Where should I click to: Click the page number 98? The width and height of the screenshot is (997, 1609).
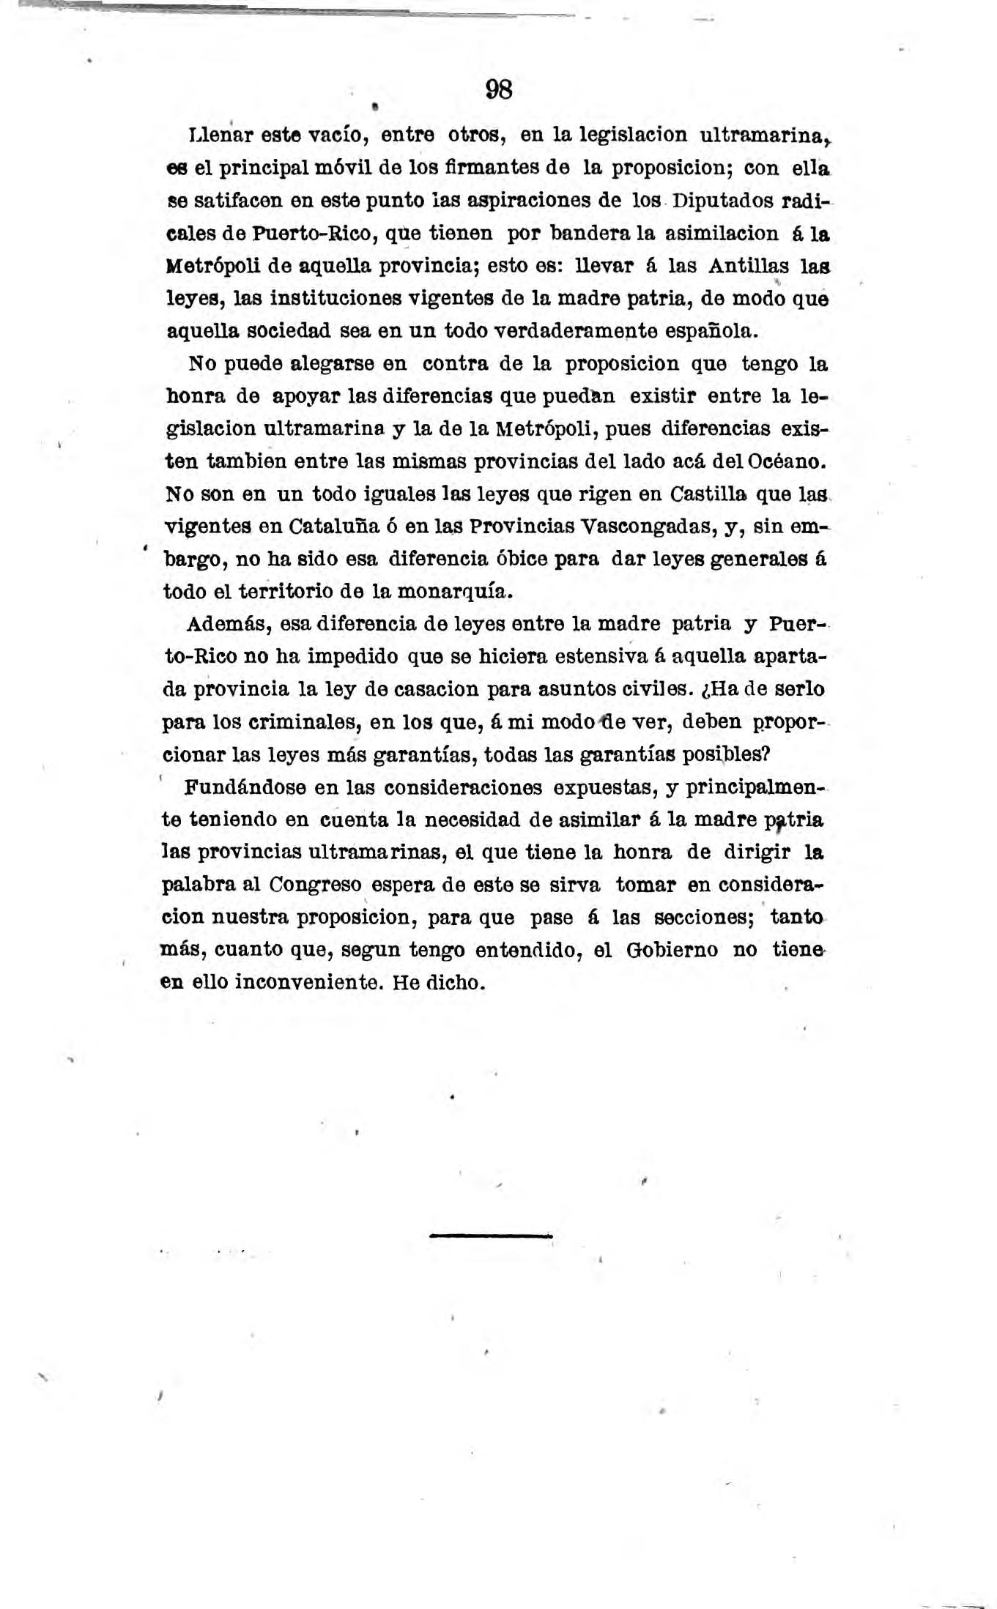pyautogui.click(x=499, y=90)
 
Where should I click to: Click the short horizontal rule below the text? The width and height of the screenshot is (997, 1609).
pyautogui.click(x=491, y=1235)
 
